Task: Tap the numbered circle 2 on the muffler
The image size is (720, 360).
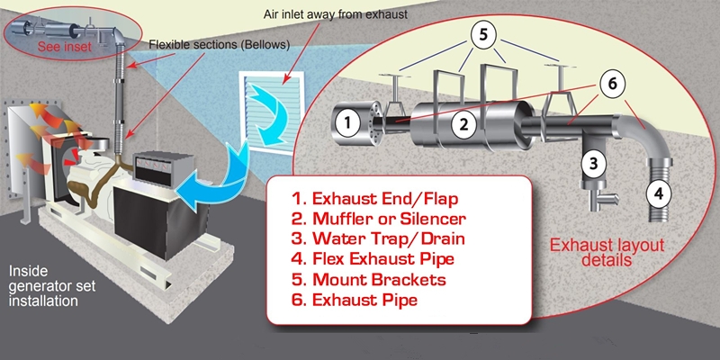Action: point(462,126)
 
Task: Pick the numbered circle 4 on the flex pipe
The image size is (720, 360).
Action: point(661,193)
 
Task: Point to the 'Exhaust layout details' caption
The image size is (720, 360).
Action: point(600,251)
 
